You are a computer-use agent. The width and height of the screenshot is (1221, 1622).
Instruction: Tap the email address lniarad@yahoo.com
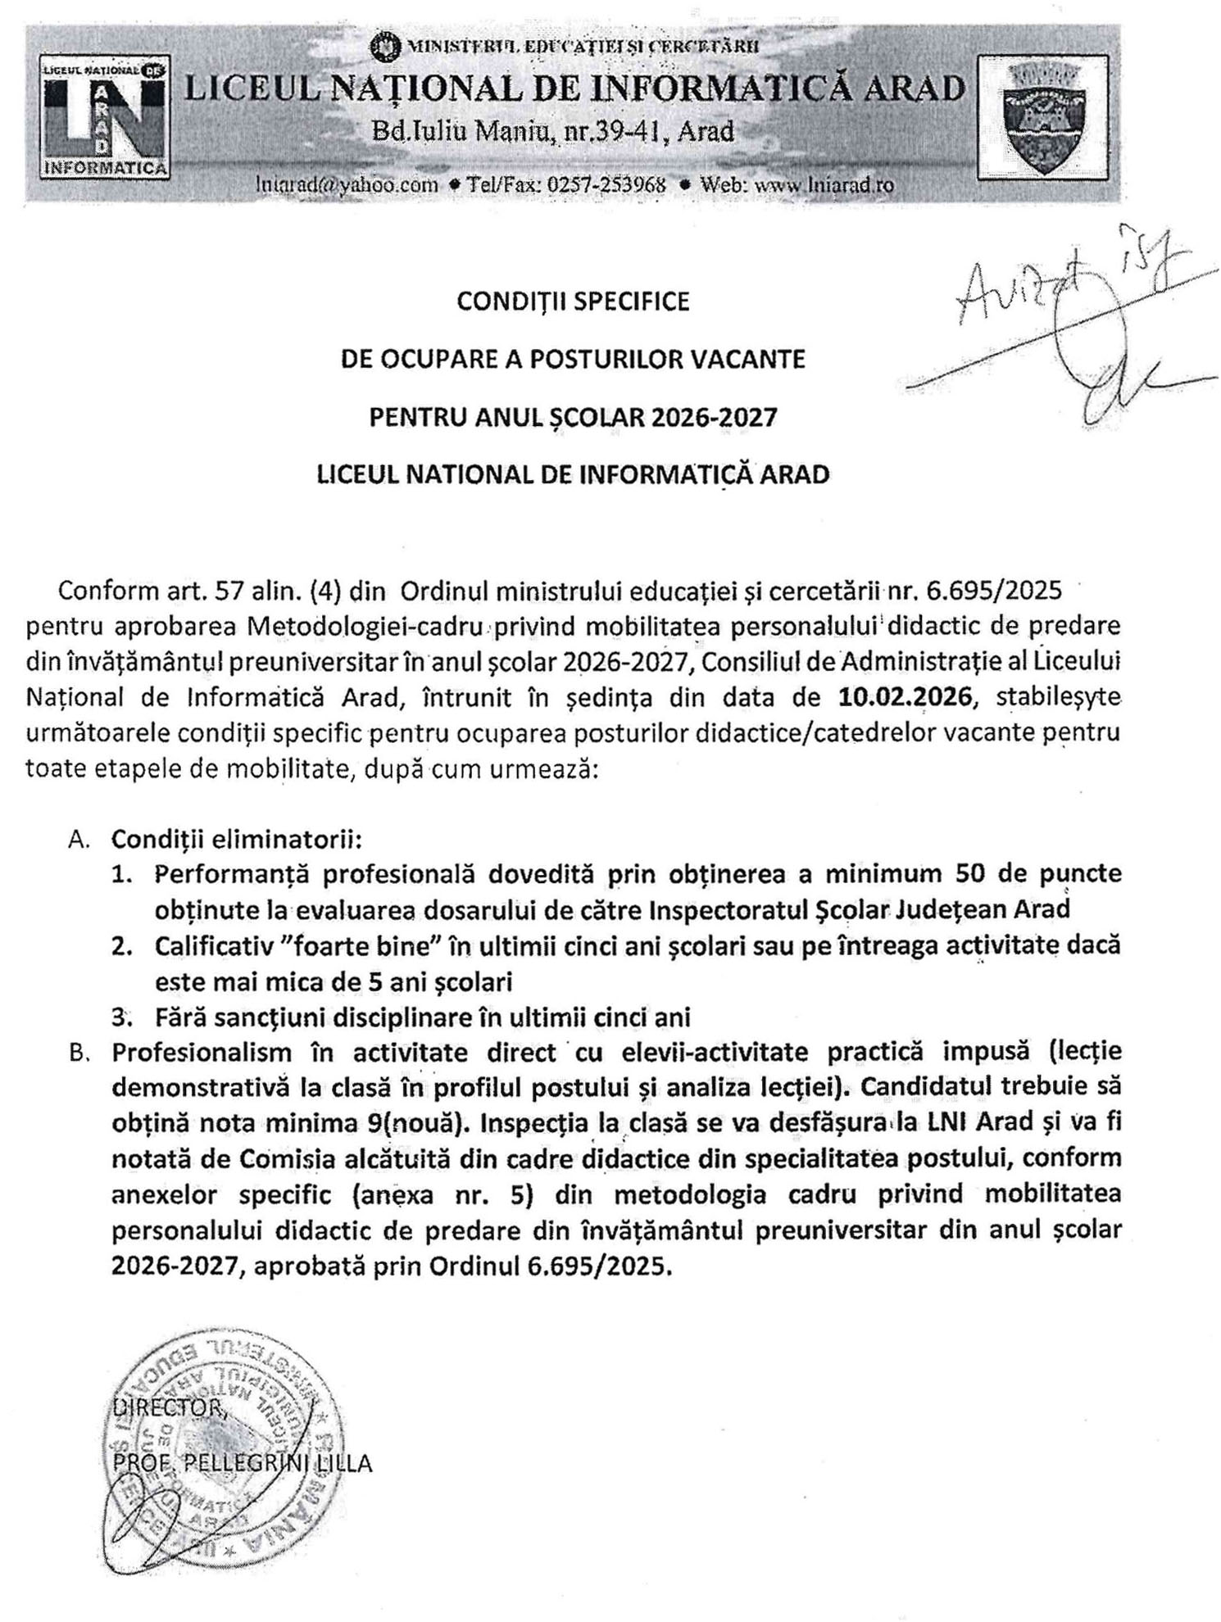(x=347, y=184)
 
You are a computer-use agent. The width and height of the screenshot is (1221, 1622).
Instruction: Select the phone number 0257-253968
(x=606, y=184)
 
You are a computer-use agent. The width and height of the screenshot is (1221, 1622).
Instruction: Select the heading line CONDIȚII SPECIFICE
(x=573, y=302)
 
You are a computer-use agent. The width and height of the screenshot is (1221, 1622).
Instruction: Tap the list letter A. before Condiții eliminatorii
(x=79, y=840)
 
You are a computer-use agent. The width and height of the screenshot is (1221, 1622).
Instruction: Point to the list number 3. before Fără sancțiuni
(x=122, y=1017)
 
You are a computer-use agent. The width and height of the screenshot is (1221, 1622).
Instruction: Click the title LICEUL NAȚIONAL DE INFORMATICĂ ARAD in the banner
(x=574, y=88)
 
